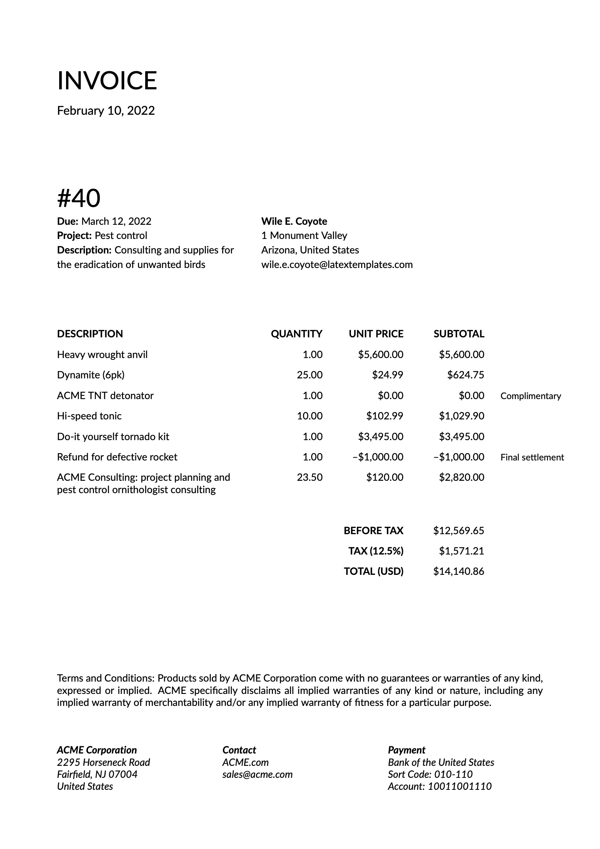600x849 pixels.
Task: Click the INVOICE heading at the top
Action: [107, 81]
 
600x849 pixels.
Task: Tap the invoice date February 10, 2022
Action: [106, 110]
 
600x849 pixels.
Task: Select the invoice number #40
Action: [78, 198]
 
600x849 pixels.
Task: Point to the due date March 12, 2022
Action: [116, 221]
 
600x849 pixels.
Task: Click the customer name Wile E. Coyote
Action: [294, 221]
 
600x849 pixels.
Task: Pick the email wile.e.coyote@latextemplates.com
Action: [337, 265]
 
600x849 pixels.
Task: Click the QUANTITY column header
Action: [296, 334]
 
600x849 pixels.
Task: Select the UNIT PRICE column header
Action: [376, 334]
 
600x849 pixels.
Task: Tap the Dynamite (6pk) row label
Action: [91, 375]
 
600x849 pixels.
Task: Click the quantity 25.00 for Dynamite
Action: [309, 375]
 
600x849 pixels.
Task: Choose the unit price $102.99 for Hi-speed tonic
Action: [384, 416]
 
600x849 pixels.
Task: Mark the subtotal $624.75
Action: [465, 375]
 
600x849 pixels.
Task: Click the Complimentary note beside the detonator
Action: [531, 396]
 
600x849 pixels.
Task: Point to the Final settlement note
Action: [532, 458]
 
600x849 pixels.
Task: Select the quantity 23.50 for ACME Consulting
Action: [309, 478]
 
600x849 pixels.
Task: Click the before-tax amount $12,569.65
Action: [458, 531]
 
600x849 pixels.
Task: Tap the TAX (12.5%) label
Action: [376, 551]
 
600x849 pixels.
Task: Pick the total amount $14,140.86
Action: [458, 571]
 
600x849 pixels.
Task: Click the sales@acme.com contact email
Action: [257, 774]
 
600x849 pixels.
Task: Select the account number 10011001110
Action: [460, 786]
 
